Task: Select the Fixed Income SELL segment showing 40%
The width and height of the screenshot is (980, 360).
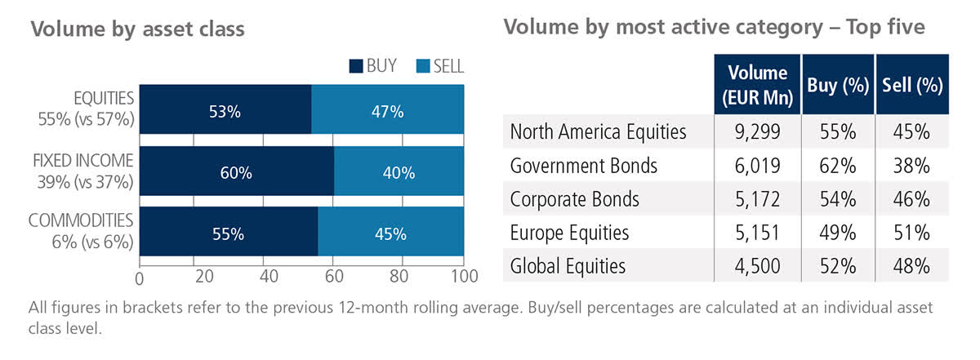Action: (398, 173)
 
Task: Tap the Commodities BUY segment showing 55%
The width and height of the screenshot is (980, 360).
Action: (228, 234)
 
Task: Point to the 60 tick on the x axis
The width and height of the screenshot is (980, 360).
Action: (334, 278)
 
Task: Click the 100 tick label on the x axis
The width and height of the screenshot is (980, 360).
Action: (463, 278)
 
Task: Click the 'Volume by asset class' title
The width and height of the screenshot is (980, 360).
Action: (137, 29)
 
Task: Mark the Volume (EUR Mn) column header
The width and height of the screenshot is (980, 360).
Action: (757, 85)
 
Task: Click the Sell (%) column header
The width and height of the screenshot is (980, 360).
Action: (912, 86)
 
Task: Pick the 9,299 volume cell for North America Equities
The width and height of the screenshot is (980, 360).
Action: (757, 132)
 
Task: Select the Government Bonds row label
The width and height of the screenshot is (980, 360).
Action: (583, 166)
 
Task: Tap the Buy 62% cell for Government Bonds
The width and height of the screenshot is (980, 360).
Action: (836, 166)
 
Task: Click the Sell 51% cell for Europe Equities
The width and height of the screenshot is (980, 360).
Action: (911, 233)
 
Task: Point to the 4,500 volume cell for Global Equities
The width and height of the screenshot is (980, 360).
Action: (757, 266)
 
